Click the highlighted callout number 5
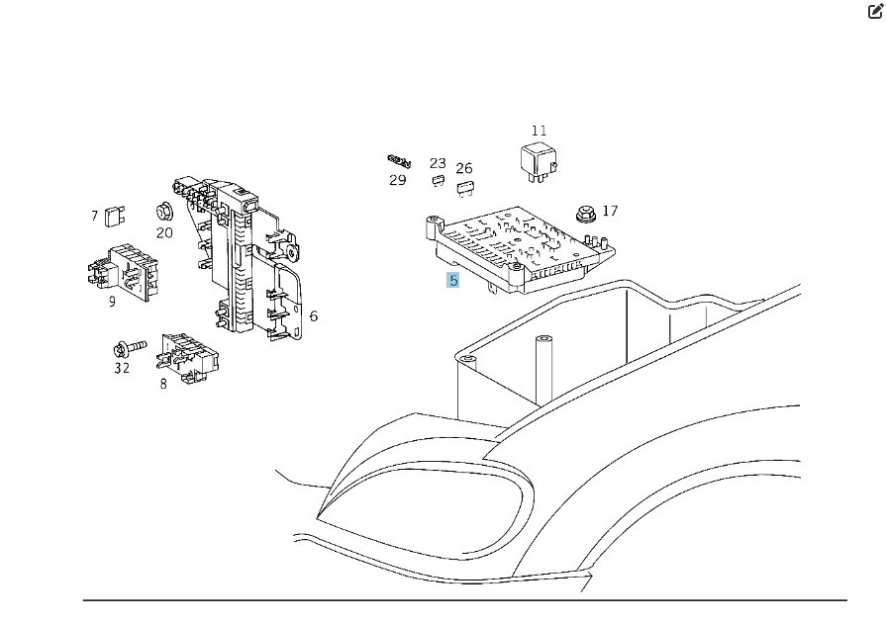[x=453, y=280]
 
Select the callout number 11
[x=540, y=131]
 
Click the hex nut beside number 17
[x=586, y=215]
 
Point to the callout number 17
[x=610, y=211]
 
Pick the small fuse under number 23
[x=438, y=181]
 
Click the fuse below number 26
[x=465, y=188]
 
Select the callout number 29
[x=398, y=180]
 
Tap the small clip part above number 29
[x=400, y=161]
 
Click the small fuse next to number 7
[x=115, y=216]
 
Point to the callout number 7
[x=94, y=216]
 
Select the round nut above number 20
[x=164, y=212]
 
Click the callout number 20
[x=164, y=232]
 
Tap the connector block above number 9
[x=124, y=272]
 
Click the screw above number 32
[x=130, y=348]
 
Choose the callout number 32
[x=122, y=368]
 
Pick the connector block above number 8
[x=187, y=358]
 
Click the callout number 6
[x=314, y=315]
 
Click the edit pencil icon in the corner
[x=875, y=11]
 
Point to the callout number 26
[x=464, y=168]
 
